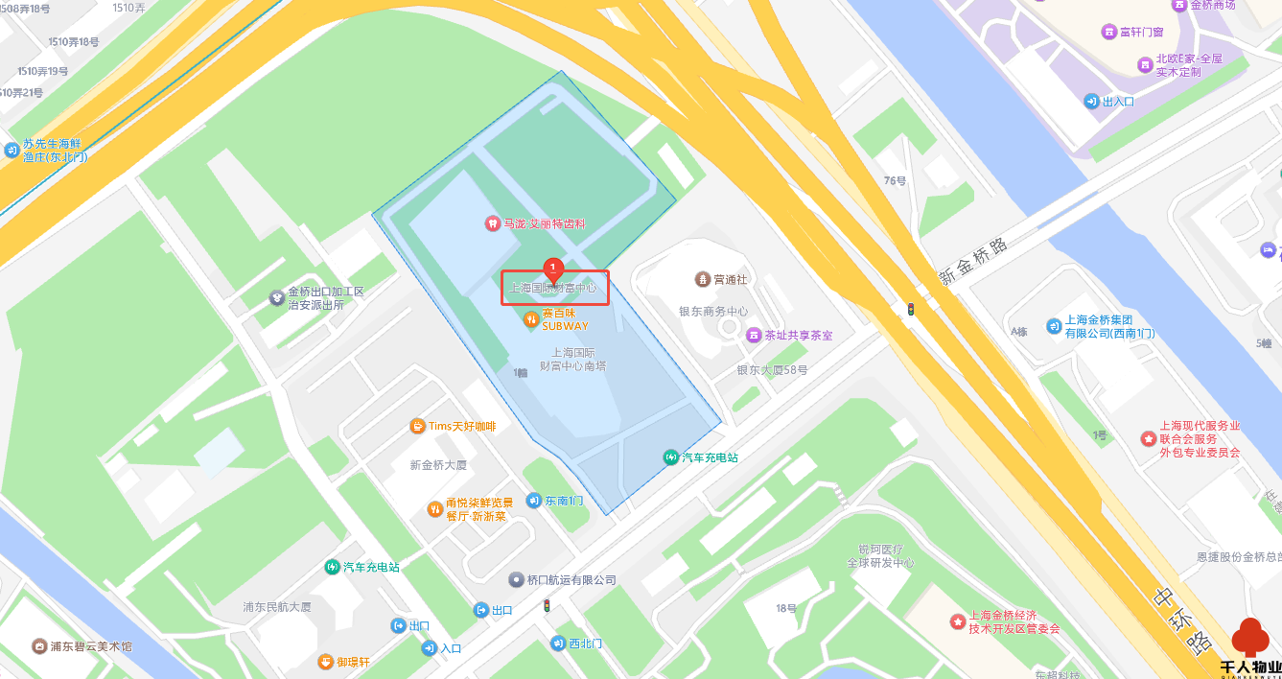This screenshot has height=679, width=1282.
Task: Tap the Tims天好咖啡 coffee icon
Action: (417, 426)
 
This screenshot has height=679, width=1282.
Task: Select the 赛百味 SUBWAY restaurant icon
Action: (530, 319)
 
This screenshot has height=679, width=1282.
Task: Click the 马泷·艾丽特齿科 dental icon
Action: (492, 223)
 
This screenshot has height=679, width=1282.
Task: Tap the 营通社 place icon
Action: (702, 279)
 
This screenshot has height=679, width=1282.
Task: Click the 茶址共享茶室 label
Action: (798, 336)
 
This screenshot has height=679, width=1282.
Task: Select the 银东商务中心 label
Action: (713, 311)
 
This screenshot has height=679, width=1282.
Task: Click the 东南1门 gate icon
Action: (533, 500)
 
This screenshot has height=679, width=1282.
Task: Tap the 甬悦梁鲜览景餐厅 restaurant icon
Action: (434, 508)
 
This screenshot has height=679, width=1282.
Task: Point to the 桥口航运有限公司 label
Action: (571, 580)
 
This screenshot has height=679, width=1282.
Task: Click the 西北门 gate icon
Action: (558, 643)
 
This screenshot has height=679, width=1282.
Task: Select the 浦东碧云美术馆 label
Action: (91, 645)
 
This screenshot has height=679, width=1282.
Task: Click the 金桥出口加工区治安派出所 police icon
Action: (277, 298)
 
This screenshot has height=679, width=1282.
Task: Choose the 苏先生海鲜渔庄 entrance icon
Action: (12, 150)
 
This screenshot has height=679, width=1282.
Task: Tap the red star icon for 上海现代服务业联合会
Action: (1148, 438)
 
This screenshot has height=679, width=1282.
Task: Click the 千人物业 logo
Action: (1250, 649)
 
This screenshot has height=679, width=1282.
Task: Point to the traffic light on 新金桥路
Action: (911, 309)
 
